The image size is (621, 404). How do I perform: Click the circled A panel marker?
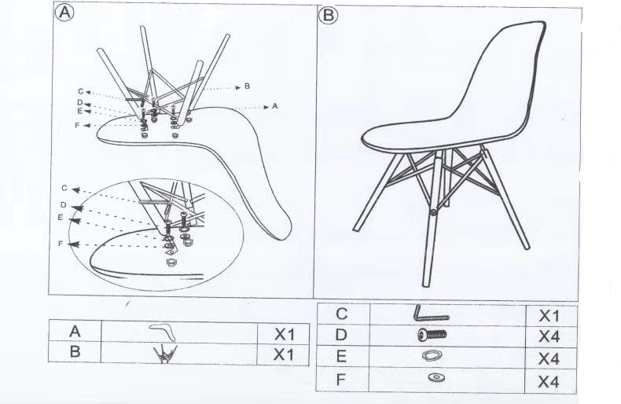[x=64, y=13]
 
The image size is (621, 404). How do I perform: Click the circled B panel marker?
[x=328, y=16]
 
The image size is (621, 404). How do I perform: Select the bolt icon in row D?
[x=432, y=335]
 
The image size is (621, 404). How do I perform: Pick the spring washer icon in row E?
[x=432, y=355]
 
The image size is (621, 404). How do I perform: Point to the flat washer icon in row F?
[x=436, y=376]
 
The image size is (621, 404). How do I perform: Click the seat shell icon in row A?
[x=163, y=331]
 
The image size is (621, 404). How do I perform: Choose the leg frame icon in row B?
[x=165, y=353]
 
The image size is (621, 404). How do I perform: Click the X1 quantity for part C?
[x=549, y=316]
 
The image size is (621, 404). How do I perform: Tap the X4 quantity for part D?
[x=549, y=336]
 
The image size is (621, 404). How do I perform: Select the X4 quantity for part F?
[x=549, y=382]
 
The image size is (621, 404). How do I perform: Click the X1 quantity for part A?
[x=285, y=335]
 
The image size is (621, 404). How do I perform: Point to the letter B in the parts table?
[x=75, y=351]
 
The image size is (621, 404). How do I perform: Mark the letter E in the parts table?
[x=341, y=357]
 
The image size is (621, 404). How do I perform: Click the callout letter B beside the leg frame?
[x=247, y=86]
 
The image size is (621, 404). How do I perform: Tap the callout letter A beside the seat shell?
[x=275, y=106]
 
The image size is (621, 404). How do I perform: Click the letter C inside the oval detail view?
[x=64, y=188]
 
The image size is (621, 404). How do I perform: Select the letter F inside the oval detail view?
[x=61, y=244]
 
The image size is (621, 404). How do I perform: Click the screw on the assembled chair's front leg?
[x=434, y=212]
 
